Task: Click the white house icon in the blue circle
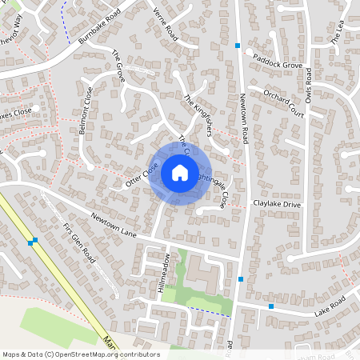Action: tap(179, 173)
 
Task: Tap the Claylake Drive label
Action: tap(276, 205)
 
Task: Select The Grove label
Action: tap(118, 66)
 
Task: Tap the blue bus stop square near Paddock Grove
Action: tap(238, 46)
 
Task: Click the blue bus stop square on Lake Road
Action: tap(271, 306)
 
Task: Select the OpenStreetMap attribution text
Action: tap(80, 354)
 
